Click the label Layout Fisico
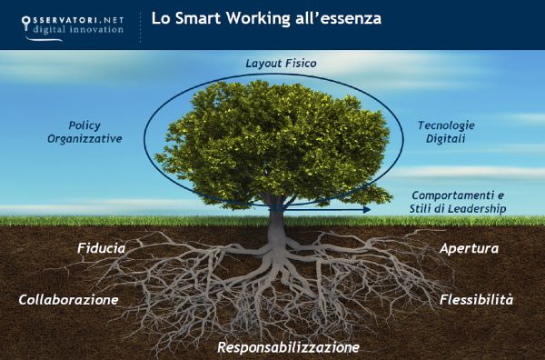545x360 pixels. coord(280,63)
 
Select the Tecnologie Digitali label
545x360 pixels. coord(446,132)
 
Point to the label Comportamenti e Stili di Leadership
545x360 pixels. coord(458,202)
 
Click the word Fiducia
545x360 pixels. coord(101,247)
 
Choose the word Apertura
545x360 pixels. coord(469,247)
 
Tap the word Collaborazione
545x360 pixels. coord(69,299)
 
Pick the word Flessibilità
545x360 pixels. coord(476,299)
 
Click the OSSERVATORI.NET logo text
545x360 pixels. coord(84,15)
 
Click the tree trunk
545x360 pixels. coord(274,215)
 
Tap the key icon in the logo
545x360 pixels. coord(25,19)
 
